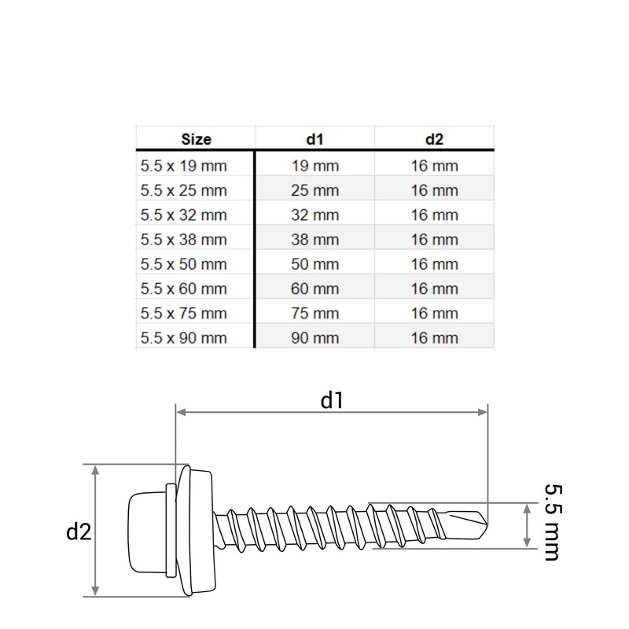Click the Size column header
pyautogui.click(x=196, y=139)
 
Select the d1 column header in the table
pyautogui.click(x=315, y=139)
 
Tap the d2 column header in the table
pyautogui.click(x=435, y=139)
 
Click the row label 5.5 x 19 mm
pyautogui.click(x=184, y=166)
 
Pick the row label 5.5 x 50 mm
pyautogui.click(x=184, y=264)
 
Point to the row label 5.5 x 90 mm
pyautogui.click(x=184, y=338)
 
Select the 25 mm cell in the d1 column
pyautogui.click(x=315, y=190)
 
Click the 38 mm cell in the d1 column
pyautogui.click(x=315, y=240)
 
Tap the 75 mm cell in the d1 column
pyautogui.click(x=315, y=313)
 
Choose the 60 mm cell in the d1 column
pyautogui.click(x=315, y=289)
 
